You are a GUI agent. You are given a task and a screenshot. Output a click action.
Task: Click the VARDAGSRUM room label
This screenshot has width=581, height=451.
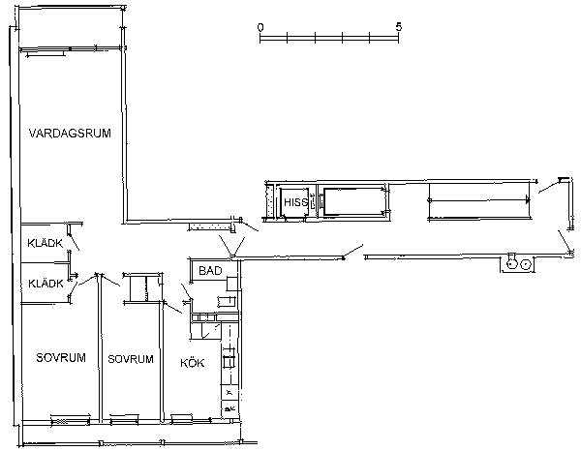(x=70, y=133)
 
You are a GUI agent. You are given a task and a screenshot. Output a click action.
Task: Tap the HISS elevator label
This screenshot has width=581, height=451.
(x=295, y=202)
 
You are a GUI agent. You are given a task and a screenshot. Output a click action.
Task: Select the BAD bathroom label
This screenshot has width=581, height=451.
(x=210, y=271)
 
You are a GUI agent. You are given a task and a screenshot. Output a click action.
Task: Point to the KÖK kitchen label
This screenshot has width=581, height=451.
(x=192, y=362)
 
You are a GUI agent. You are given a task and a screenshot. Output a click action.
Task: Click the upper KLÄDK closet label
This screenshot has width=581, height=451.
(x=46, y=243)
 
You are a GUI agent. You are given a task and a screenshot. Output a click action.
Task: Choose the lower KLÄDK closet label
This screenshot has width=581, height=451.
(x=46, y=284)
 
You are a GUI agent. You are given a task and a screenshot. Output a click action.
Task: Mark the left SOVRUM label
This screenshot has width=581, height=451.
(x=61, y=358)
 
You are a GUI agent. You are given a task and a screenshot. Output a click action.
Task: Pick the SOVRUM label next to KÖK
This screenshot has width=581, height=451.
(x=131, y=359)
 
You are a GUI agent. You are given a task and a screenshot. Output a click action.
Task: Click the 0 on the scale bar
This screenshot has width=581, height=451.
(x=260, y=27)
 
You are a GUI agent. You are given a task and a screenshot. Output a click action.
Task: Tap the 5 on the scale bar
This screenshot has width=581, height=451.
(x=398, y=27)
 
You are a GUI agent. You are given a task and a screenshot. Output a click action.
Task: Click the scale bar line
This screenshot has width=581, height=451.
(x=329, y=38)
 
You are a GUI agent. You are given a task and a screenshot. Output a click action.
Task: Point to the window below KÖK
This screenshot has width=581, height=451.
(x=182, y=418)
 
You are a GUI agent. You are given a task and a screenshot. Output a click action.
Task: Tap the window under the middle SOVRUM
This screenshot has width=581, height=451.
(x=125, y=419)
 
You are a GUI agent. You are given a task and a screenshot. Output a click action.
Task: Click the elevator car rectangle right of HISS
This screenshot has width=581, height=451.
(x=354, y=201)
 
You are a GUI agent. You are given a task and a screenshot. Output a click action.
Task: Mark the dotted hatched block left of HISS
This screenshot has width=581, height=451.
(x=269, y=200)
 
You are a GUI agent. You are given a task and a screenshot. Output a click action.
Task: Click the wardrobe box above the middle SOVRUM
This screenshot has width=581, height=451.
(x=142, y=288)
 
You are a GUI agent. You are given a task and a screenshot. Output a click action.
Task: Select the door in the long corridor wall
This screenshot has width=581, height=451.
(x=353, y=251)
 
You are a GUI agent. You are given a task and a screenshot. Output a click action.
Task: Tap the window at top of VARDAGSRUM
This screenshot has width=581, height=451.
(x=46, y=52)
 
